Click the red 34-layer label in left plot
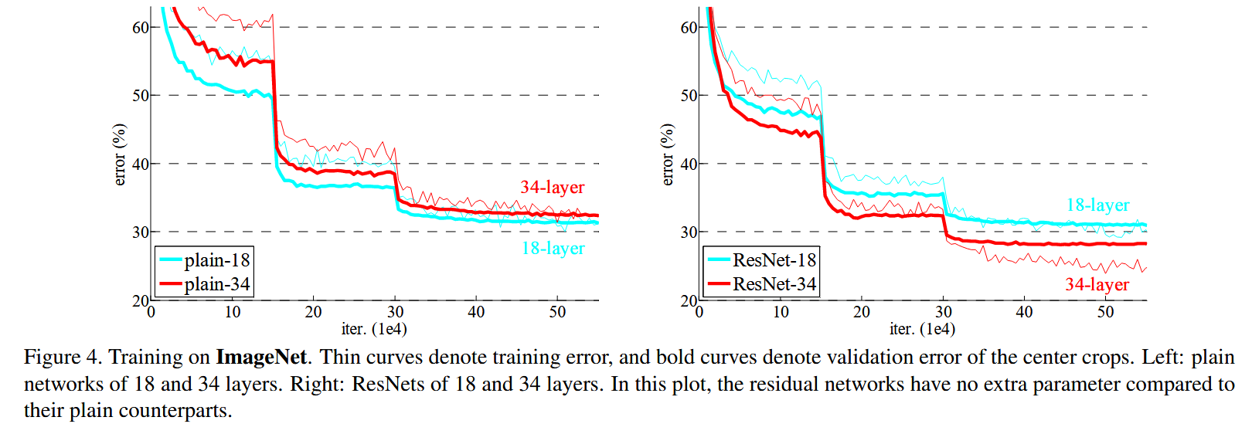tap(552, 187)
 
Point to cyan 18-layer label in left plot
tap(553, 248)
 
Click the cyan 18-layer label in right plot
tap(1097, 205)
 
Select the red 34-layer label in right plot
tap(1097, 284)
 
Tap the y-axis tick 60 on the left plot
tap(141, 28)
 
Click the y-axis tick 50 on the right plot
tap(689, 96)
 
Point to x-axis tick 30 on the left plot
tap(395, 312)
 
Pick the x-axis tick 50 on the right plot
tap(1105, 312)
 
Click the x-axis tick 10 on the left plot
tap(233, 312)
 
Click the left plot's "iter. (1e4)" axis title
tap(374, 329)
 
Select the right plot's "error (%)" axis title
tap(668, 154)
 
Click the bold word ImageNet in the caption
tap(261, 357)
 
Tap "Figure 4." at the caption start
tap(63, 357)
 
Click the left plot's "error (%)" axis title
tap(119, 154)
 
